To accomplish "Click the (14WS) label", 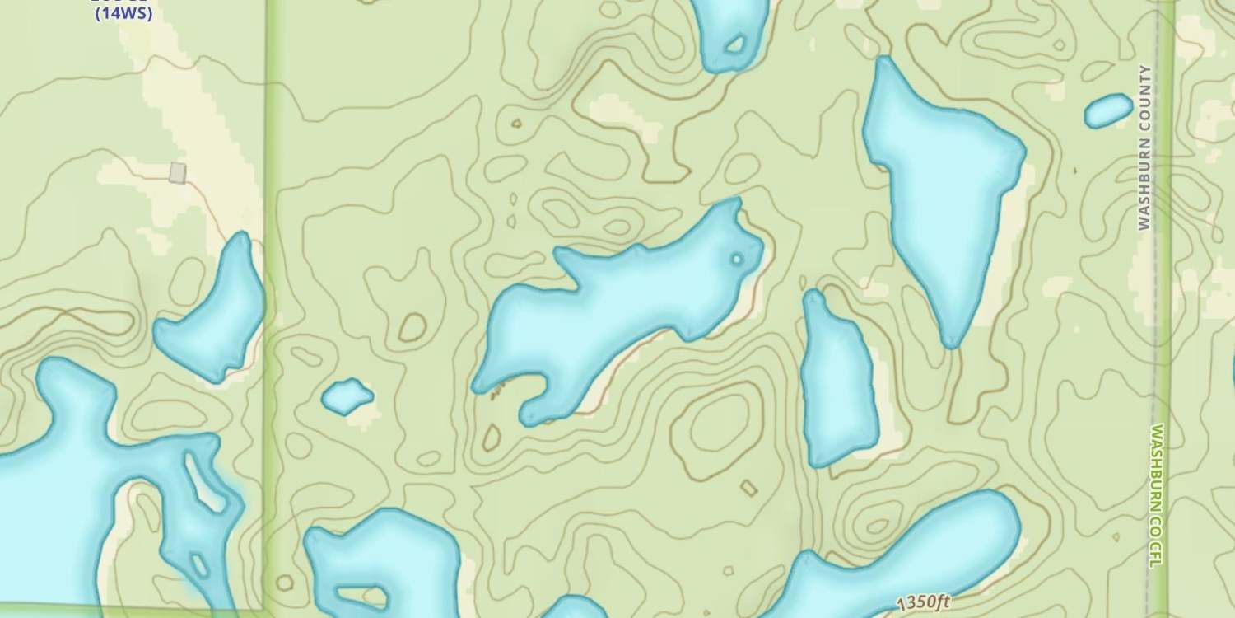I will [x=123, y=14].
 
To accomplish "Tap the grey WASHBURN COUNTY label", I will [x=1144, y=147].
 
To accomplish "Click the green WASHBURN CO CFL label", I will [x=1157, y=495].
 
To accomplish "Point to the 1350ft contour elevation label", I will [x=924, y=602].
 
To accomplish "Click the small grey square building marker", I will [x=177, y=172].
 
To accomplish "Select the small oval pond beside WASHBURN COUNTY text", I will [x=1108, y=110].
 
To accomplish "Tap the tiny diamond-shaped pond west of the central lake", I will [x=347, y=396].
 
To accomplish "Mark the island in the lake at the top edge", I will [x=734, y=44].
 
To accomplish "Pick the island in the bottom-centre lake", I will [x=362, y=595].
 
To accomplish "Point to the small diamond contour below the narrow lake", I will [x=748, y=488].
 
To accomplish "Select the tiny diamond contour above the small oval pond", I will [x=1075, y=171].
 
